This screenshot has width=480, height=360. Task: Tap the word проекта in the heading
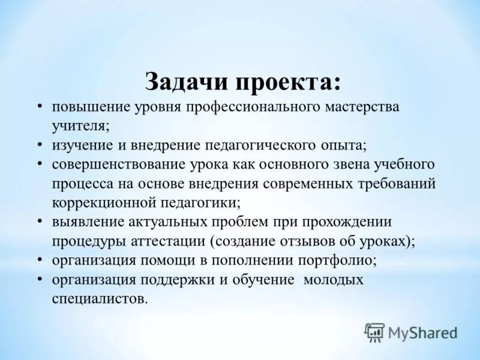[x=288, y=82]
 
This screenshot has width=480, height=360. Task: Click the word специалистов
[x=99, y=298]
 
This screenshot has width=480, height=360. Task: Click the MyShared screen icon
[x=374, y=332]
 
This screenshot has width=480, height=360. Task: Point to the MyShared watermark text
[x=422, y=332]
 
